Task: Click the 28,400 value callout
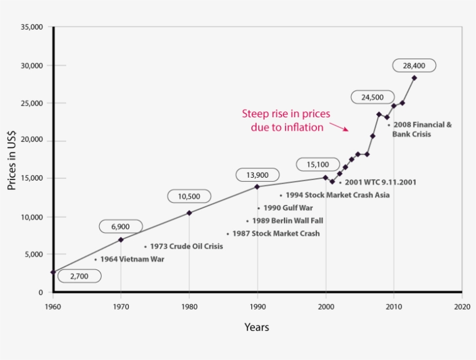(414, 66)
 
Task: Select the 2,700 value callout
(79, 276)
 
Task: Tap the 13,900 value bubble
(257, 175)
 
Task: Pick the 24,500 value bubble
(373, 97)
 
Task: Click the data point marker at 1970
(121, 239)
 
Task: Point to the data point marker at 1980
(189, 213)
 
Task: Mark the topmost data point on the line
(414, 78)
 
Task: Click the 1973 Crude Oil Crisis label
(186, 246)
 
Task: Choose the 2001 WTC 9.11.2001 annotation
(380, 182)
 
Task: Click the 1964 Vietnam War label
(131, 260)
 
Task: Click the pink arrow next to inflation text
(338, 126)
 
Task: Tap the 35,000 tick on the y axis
(33, 27)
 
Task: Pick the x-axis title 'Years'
(257, 327)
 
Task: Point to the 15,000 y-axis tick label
(33, 178)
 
